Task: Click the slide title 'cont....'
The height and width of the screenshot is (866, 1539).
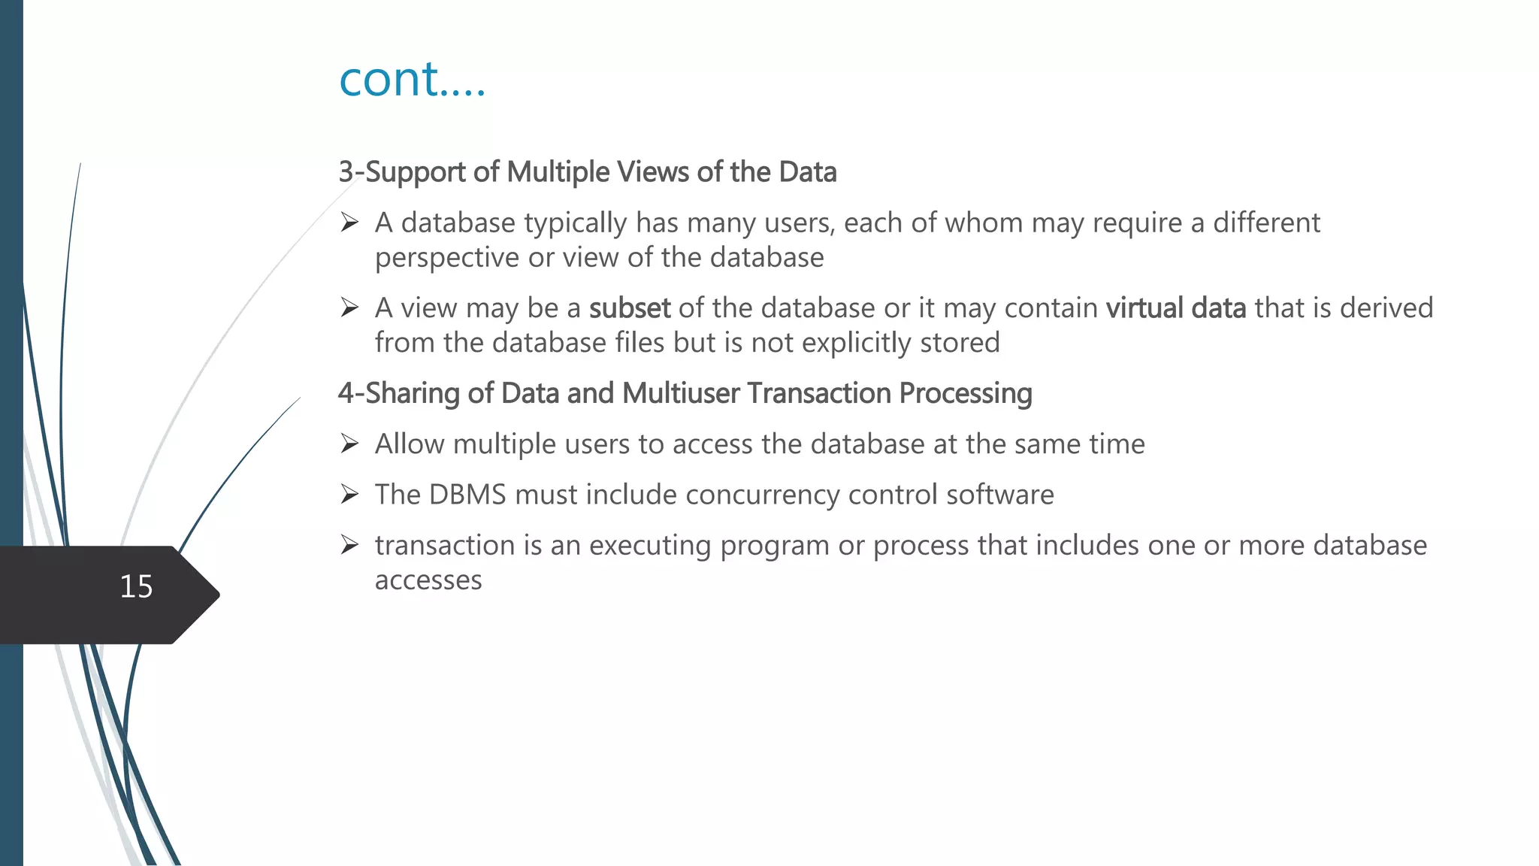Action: [412, 78]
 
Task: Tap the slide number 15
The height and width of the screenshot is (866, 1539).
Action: [136, 586]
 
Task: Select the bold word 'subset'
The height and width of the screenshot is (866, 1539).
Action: [629, 308]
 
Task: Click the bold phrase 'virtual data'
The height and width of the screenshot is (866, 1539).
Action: [1175, 308]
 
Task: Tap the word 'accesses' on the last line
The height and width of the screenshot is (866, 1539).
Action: [428, 580]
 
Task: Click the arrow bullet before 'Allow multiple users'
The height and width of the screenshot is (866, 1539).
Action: [349, 444]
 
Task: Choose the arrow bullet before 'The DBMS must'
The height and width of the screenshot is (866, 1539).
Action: [349, 494]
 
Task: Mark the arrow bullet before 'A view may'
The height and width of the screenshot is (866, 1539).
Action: [349, 307]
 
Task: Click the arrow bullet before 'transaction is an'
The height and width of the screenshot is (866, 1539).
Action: [349, 544]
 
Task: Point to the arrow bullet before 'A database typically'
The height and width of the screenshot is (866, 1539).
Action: [349, 223]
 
